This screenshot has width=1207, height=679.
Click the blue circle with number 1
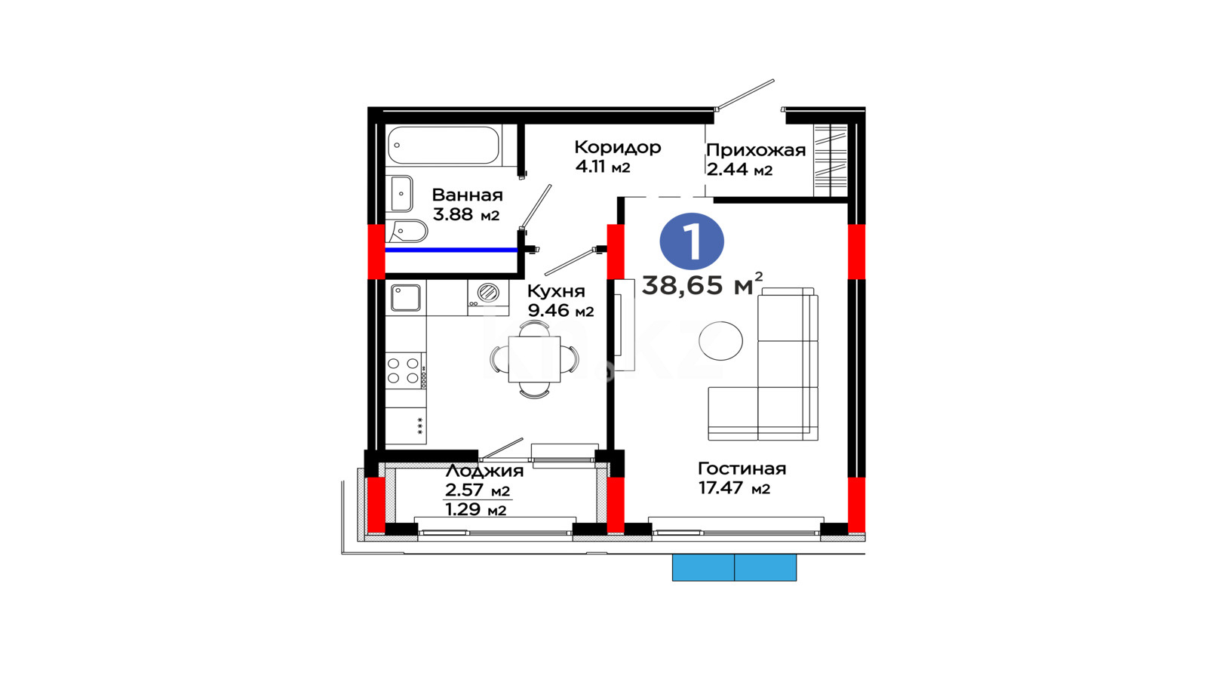692,241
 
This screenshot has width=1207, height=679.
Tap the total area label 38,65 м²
702,284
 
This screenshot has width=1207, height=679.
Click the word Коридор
618,147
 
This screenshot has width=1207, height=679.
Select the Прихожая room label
756,150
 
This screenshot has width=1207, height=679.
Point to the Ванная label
467,195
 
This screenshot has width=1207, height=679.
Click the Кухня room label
556,291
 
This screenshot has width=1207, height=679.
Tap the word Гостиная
742,469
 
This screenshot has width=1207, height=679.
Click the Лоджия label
484,471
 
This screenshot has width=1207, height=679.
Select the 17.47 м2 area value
735,488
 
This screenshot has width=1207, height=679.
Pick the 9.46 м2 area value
561,311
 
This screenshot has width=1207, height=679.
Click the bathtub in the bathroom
444,145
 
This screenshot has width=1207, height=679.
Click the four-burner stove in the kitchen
406,370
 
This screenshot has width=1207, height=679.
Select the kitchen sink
405,298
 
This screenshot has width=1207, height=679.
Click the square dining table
534,359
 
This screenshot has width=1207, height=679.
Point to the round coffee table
720,340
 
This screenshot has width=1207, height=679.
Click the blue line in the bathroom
452,250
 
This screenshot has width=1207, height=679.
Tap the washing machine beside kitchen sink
488,297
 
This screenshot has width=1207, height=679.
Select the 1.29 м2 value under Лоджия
476,509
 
